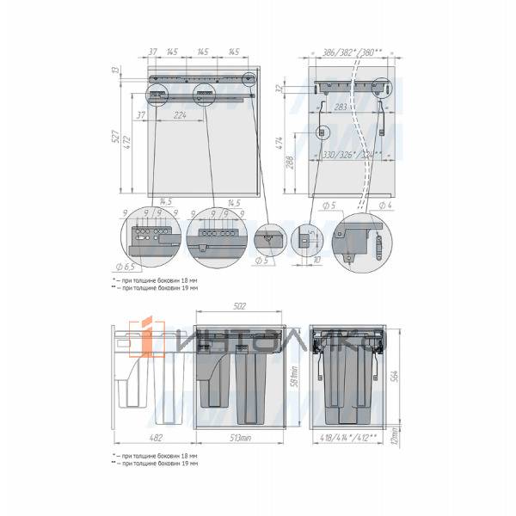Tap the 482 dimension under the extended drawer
pos(154,437)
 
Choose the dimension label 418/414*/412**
pos(349,437)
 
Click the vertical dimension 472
pos(127,140)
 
